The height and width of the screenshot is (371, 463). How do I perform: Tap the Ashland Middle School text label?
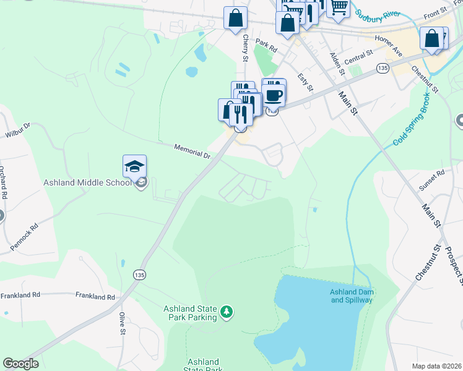(x=87, y=182)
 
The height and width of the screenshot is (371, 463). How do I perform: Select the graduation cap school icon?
(x=134, y=166)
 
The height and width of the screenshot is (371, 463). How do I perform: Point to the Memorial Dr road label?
(x=193, y=151)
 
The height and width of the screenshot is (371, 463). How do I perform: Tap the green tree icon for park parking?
(x=227, y=312)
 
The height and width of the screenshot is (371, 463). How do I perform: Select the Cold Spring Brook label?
(x=414, y=124)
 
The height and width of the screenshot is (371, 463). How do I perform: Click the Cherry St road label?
(x=245, y=48)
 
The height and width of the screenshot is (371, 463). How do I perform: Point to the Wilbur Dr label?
(x=18, y=127)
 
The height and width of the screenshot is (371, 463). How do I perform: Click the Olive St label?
(x=122, y=323)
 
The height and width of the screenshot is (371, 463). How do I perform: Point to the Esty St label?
(x=303, y=83)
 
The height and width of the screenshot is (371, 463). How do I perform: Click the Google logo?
(x=20, y=364)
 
